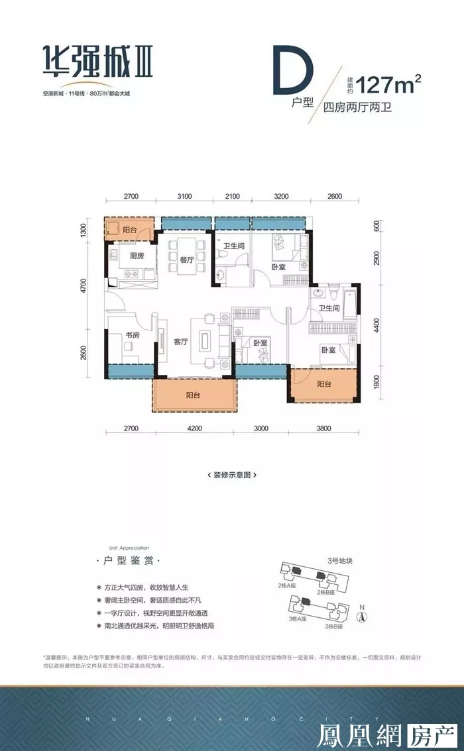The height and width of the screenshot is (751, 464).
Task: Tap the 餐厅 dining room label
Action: pos(186,260)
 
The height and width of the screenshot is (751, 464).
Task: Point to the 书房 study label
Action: pos(131,336)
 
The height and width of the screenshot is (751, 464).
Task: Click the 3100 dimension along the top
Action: pos(184,197)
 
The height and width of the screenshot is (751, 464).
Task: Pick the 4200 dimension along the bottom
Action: pos(194,428)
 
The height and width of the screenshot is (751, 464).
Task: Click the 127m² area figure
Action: pos(389,85)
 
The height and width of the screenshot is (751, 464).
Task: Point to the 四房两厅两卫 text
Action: pos(357,107)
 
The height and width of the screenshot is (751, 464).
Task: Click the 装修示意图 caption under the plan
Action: pos(231,474)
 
